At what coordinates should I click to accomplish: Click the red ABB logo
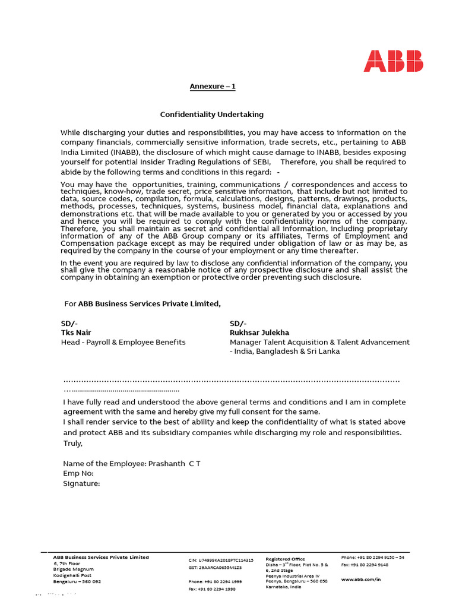tap(393, 61)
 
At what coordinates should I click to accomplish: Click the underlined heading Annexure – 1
tap(213, 87)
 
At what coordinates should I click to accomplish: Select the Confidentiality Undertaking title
tap(212, 114)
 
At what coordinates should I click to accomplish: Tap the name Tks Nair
tap(76, 332)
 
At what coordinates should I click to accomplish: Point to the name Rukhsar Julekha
tap(259, 332)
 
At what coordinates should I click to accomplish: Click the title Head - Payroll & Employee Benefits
tap(123, 342)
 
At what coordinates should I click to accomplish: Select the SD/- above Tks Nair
tap(69, 323)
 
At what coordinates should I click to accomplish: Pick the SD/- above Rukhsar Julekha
tap(238, 323)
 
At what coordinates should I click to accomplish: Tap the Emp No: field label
tap(78, 473)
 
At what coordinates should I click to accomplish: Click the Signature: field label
tap(81, 483)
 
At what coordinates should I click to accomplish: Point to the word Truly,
tap(73, 443)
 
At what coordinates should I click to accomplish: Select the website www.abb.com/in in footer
tap(361, 579)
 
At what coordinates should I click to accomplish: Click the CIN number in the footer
tap(221, 560)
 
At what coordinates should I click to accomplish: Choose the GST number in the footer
tap(215, 568)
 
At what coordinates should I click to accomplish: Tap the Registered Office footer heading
tap(286, 559)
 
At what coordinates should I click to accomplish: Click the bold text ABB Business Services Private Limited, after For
tap(149, 304)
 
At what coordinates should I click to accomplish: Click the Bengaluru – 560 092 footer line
tap(77, 581)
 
